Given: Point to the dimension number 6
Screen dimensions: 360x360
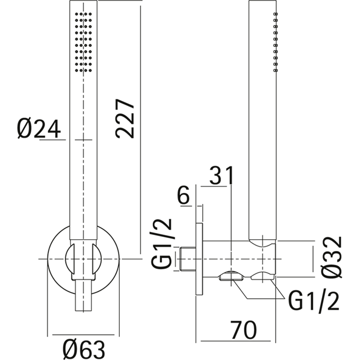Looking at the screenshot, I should pos(185,196).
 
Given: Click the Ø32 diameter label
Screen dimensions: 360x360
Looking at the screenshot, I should pos(333,257).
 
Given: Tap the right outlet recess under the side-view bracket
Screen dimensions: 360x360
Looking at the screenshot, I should pos(264,277).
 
